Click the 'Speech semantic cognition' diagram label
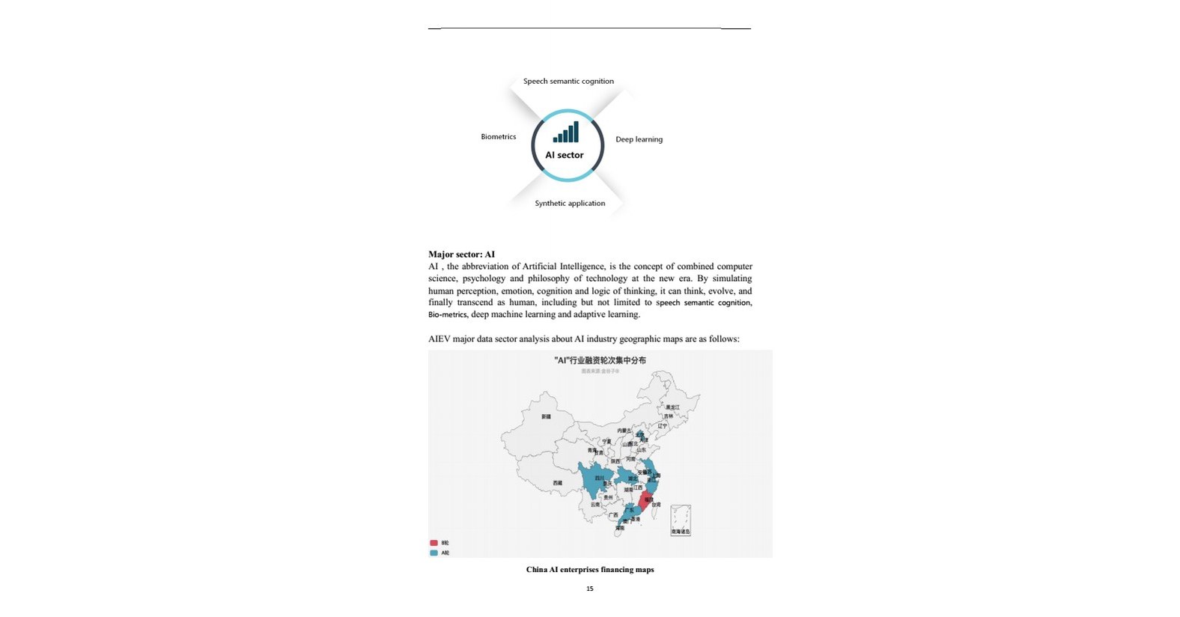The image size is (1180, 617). tap(568, 81)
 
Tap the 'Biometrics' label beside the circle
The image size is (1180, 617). tap(498, 136)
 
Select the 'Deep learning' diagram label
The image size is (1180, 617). tap(639, 139)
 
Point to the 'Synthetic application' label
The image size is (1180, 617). tap(570, 203)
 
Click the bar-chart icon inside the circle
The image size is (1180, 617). tap(566, 133)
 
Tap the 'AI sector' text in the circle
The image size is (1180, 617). tap(564, 155)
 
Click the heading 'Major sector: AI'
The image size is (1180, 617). tap(461, 255)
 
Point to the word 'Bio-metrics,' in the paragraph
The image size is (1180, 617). tap(448, 314)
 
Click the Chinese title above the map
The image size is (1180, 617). tap(600, 360)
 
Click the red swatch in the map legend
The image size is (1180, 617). tap(434, 543)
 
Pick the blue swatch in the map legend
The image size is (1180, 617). tap(434, 553)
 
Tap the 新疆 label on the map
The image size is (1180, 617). tap(546, 416)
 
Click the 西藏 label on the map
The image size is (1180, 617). tap(557, 483)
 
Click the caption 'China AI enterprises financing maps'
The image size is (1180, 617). tap(590, 570)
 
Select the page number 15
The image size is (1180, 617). tap(590, 589)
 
